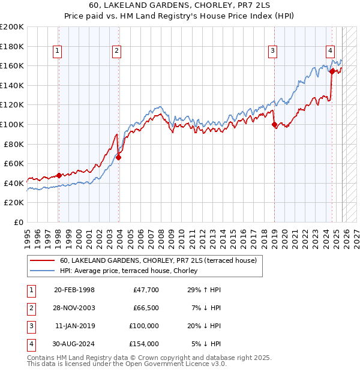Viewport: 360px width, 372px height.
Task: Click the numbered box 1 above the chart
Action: tap(57, 52)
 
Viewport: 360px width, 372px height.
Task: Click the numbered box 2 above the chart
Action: tap(116, 52)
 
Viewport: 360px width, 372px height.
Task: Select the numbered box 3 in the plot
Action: tap(272, 52)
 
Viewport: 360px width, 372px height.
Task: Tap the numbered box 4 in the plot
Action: tap(331, 52)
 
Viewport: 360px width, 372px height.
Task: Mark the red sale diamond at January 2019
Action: tap(275, 125)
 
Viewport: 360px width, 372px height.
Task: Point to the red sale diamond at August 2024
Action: tap(332, 71)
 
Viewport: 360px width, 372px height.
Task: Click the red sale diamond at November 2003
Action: tap(119, 157)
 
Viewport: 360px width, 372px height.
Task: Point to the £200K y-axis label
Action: tap(12, 27)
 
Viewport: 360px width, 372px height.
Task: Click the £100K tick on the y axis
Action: tap(12, 124)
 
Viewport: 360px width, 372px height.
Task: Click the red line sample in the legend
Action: tap(42, 260)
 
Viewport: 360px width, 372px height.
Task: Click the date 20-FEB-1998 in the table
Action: tap(74, 290)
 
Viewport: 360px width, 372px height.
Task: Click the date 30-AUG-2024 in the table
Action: tap(74, 344)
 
